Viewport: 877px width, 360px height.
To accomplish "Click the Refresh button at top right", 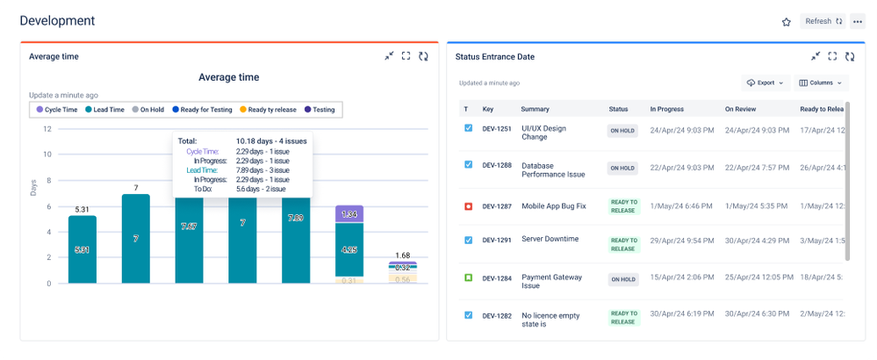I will [x=823, y=21].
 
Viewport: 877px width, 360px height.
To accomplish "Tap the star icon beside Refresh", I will [x=787, y=22].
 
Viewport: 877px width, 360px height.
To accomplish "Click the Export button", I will [x=765, y=83].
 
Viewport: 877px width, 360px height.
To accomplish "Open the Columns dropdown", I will [x=821, y=83].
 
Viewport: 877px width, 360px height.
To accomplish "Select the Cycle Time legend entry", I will [x=57, y=110].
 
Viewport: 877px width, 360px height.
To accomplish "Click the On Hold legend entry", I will [x=148, y=110].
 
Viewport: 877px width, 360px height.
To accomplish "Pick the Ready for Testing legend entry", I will [x=203, y=110].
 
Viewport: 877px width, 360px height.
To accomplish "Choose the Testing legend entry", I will [x=319, y=110].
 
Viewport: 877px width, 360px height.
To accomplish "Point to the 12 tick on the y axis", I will [x=47, y=129].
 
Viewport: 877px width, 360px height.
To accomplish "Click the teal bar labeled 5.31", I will [x=83, y=249].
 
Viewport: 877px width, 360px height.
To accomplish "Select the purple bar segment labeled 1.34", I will [x=350, y=215].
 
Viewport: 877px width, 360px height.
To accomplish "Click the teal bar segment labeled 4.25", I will [x=350, y=249].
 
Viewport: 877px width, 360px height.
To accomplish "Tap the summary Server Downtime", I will [x=550, y=239].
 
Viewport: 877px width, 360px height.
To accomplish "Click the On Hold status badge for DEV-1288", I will [x=622, y=168].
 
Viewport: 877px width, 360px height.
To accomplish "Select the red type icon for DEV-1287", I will [x=468, y=206].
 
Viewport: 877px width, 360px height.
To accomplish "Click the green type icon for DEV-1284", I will [x=468, y=277].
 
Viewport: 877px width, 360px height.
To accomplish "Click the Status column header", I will [x=618, y=109].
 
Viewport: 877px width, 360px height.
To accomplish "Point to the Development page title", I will [x=57, y=21].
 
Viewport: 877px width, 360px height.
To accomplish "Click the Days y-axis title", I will [x=34, y=186].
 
